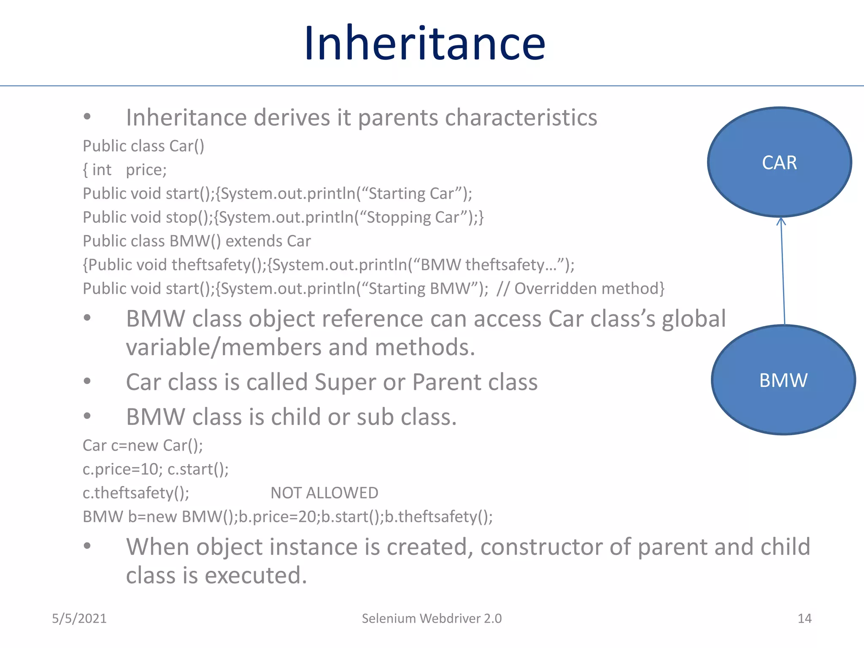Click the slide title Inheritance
(x=425, y=43)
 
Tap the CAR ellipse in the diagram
(x=779, y=162)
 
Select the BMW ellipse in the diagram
(x=783, y=380)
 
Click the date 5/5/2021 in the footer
(x=79, y=618)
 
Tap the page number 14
(x=805, y=618)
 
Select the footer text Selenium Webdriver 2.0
(x=432, y=618)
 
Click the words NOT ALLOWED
(x=324, y=493)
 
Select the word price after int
(x=146, y=170)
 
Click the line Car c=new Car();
(x=143, y=445)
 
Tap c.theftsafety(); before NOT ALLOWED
(x=136, y=493)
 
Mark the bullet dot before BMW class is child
(x=87, y=416)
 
